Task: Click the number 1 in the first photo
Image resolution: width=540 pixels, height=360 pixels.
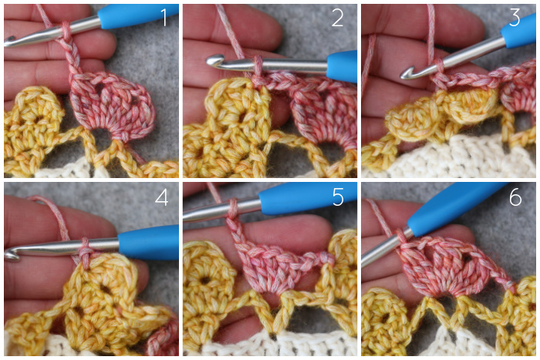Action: click(x=164, y=18)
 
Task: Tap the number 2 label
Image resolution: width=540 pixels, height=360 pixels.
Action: click(x=338, y=18)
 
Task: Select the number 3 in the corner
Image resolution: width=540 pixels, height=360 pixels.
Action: click(x=515, y=18)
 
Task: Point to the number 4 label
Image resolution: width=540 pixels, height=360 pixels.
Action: click(x=162, y=197)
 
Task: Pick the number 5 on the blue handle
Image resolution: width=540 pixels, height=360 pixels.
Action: click(x=338, y=197)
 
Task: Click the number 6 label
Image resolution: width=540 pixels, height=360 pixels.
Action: click(x=515, y=197)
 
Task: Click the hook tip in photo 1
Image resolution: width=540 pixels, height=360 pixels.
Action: click(x=9, y=41)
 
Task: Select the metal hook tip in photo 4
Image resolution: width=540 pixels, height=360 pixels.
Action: click(x=10, y=254)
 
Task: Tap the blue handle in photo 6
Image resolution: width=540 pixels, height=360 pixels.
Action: click(x=454, y=208)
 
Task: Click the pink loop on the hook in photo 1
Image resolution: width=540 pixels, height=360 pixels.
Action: click(x=66, y=29)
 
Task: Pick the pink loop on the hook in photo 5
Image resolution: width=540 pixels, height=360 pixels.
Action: click(x=232, y=207)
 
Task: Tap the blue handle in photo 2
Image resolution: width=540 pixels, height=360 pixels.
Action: click(x=342, y=66)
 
